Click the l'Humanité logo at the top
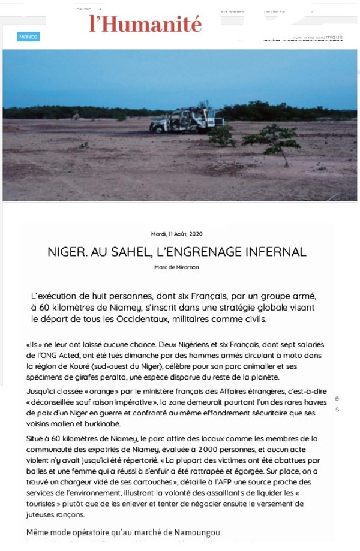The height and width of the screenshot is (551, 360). tap(146, 23)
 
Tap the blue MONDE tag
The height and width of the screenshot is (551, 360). tap(28, 37)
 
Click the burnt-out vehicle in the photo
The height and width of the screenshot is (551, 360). tap(182, 121)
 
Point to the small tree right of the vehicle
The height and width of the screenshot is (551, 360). tap(271, 138)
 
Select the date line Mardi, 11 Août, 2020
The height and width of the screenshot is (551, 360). tap(176, 234)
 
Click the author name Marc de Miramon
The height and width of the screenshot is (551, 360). tap(176, 267)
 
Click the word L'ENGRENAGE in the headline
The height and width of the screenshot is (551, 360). tap(202, 251)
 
